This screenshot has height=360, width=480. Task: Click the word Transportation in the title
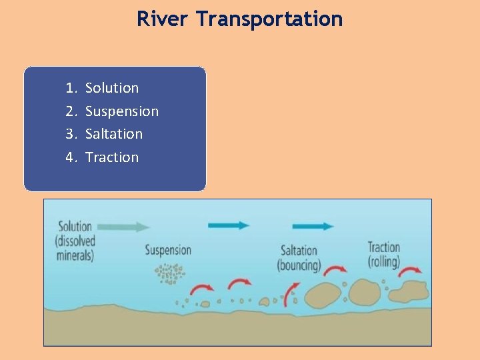[x=269, y=19]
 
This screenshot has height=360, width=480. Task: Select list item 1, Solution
[x=112, y=88]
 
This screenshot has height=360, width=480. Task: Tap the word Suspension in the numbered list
[x=122, y=111]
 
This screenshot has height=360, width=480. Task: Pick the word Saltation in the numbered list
[x=114, y=134]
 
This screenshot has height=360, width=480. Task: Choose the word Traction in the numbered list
[x=112, y=157]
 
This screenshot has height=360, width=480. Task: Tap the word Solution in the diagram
[x=75, y=227]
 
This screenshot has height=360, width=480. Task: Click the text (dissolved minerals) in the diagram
[x=75, y=248]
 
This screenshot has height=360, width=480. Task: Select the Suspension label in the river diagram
[x=168, y=251]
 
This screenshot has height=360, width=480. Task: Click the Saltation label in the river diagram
[x=299, y=251]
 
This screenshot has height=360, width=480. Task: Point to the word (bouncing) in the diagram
[x=299, y=265]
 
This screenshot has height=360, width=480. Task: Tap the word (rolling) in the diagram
[x=383, y=261]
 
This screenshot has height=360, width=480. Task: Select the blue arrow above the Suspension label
[x=229, y=225]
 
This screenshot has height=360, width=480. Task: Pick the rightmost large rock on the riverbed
[x=407, y=292]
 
